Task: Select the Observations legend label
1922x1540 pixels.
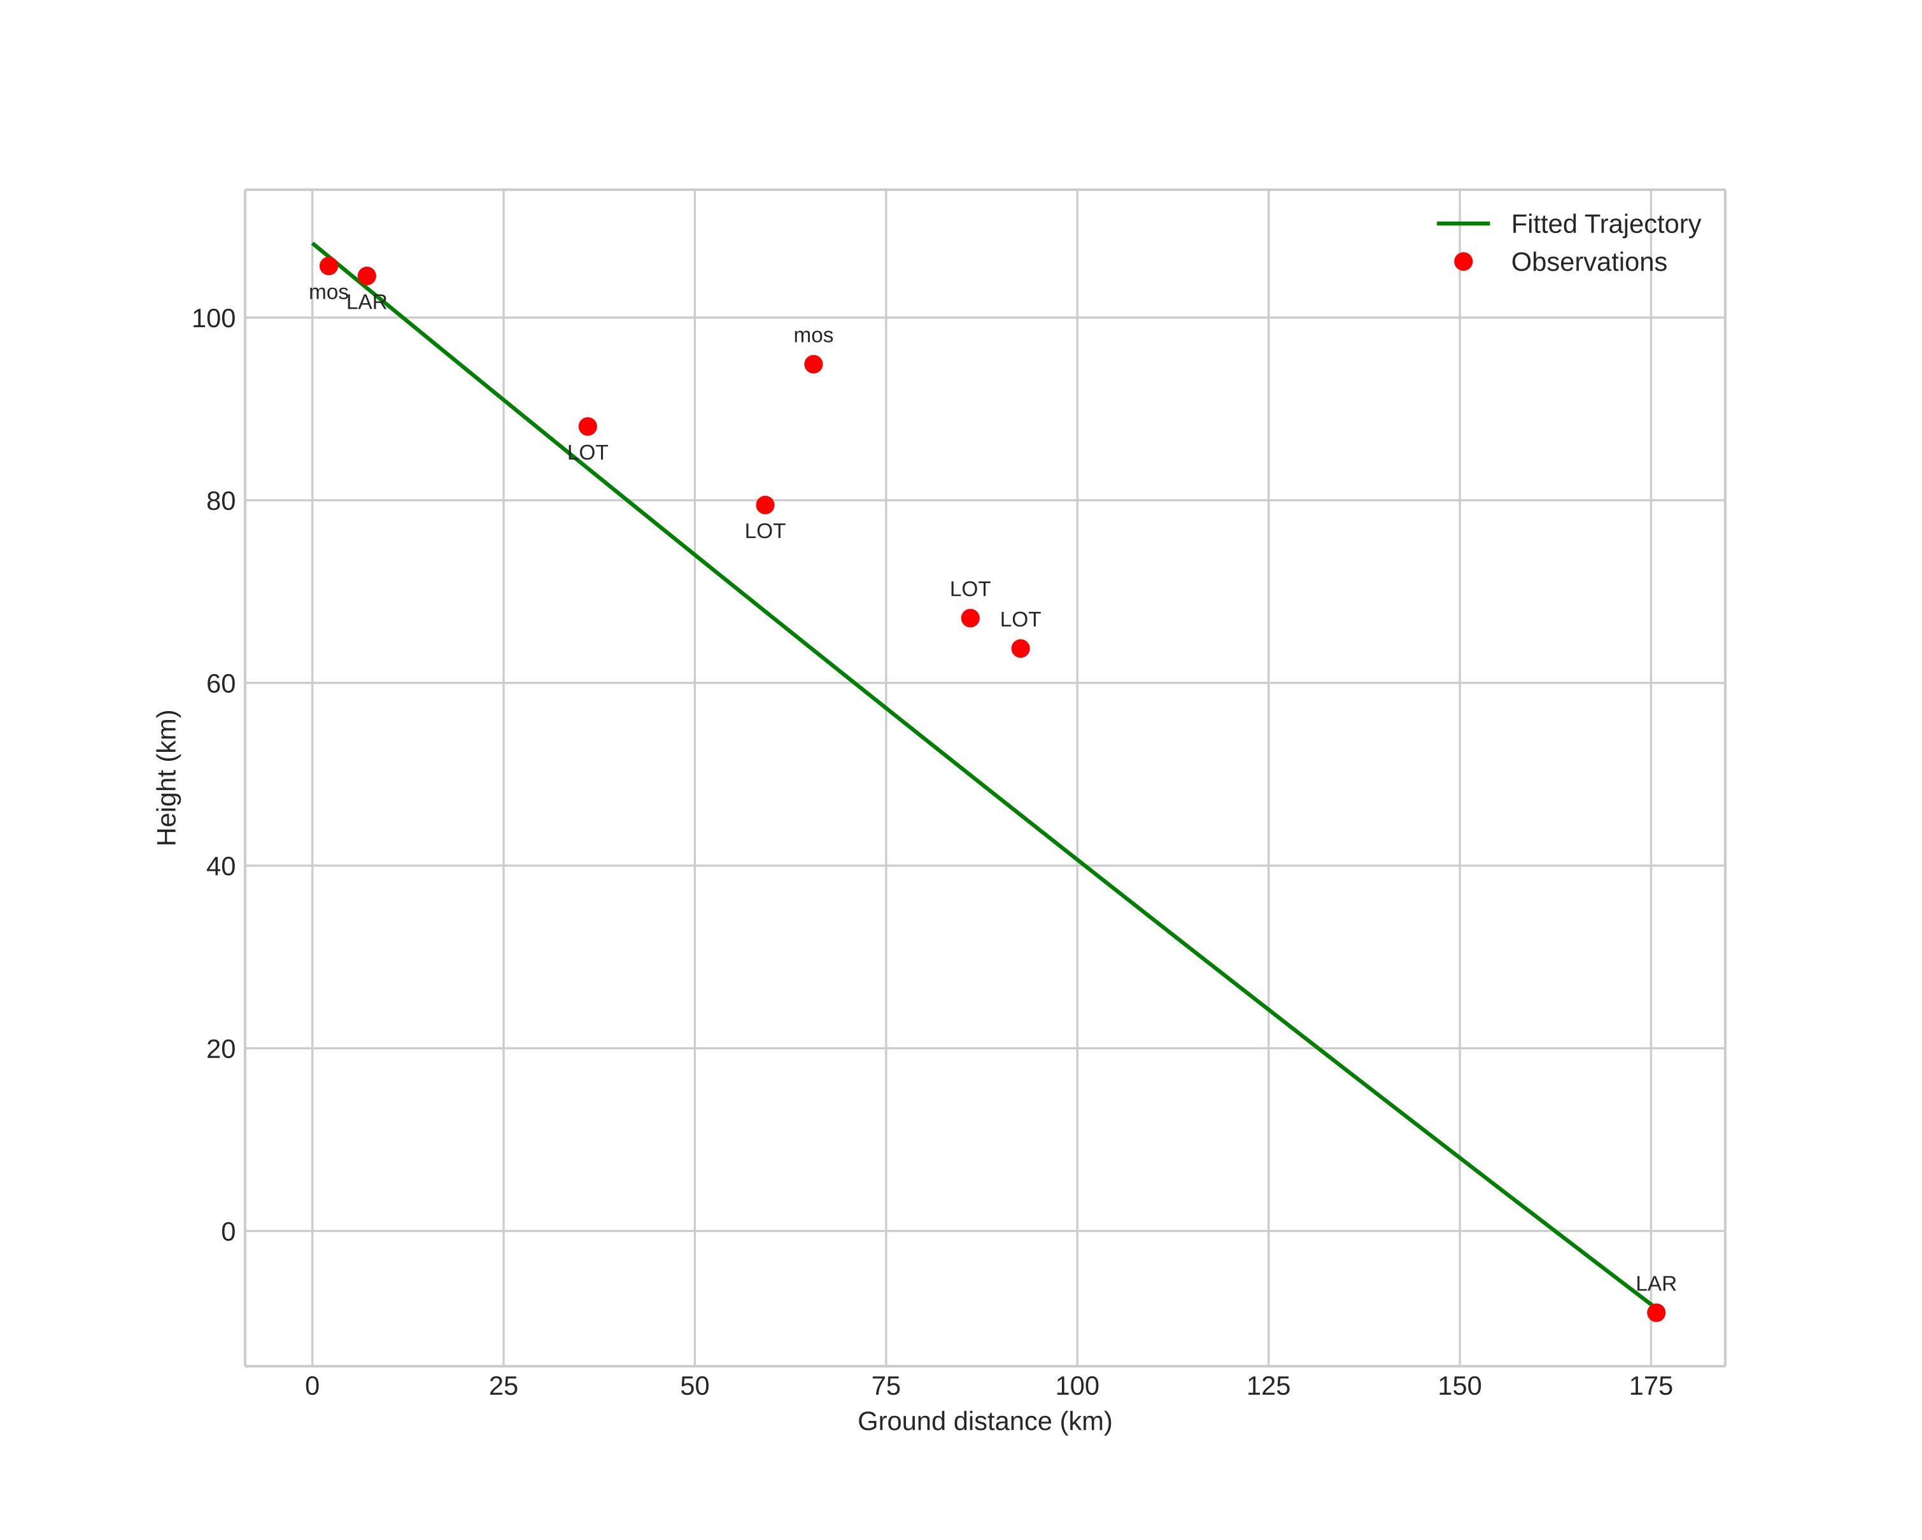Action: click(x=1588, y=262)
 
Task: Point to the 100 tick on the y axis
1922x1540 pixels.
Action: click(x=214, y=318)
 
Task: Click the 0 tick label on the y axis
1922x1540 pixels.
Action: click(x=228, y=1232)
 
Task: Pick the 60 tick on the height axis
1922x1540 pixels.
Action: click(x=221, y=684)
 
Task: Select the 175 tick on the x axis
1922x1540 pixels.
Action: click(x=1651, y=1386)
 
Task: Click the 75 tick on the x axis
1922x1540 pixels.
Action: click(x=886, y=1386)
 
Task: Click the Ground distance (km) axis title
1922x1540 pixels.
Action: click(x=985, y=1422)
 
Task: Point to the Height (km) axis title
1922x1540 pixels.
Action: click(x=167, y=777)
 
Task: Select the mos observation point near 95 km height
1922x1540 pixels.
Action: click(x=813, y=365)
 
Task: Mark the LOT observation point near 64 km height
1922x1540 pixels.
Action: click(x=1021, y=649)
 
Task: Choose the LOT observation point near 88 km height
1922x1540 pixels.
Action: click(x=588, y=427)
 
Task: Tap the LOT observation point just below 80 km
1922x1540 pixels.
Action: click(x=765, y=505)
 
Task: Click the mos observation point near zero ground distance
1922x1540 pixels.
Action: click(x=329, y=267)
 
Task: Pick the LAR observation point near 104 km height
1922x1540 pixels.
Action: click(x=367, y=276)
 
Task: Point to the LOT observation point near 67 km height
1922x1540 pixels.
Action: click(x=970, y=619)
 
